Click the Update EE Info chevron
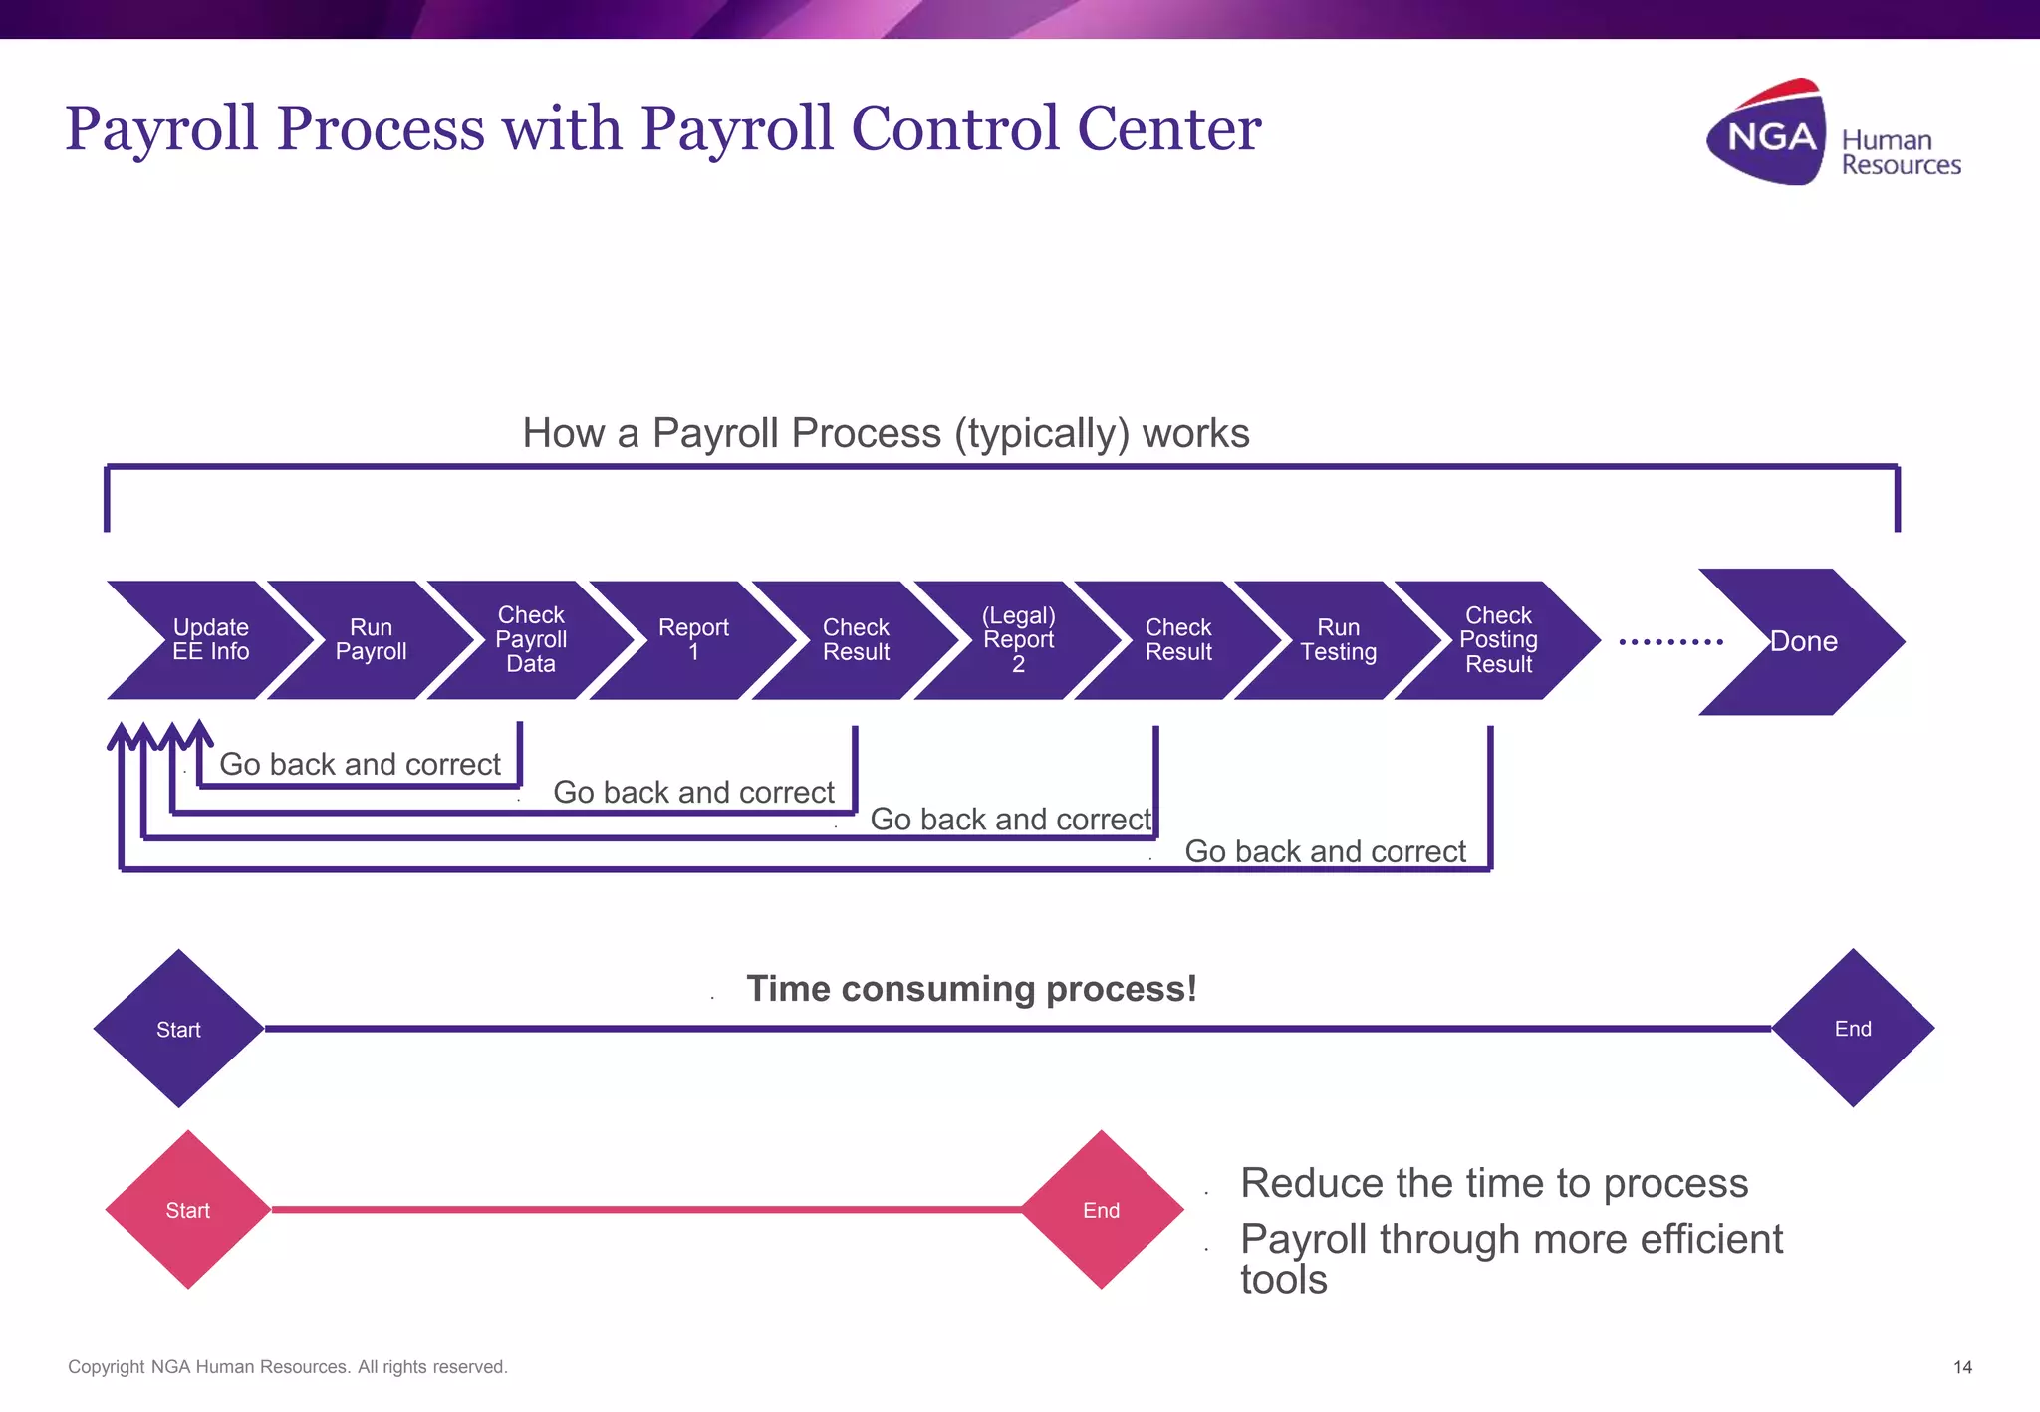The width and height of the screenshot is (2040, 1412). coord(210,640)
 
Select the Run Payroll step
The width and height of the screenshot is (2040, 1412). coord(371,640)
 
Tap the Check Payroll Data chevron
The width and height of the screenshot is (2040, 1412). coord(531,640)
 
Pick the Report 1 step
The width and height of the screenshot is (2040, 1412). coord(693,640)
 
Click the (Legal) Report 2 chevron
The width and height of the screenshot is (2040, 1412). coord(1018,640)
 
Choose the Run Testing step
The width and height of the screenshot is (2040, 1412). coord(1338,640)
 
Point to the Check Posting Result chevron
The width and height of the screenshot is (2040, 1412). coord(1498,640)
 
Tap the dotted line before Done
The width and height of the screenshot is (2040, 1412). coord(1670,642)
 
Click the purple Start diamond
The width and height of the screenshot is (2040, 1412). coord(178,1029)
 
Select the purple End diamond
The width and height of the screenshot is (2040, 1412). coord(1853,1029)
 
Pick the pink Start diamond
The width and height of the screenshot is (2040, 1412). coord(187,1210)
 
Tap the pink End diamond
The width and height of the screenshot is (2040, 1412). coord(1102,1210)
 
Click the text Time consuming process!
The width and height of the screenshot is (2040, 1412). coord(971,989)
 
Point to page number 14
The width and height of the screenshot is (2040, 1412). coord(1962,1367)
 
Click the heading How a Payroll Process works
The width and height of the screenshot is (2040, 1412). coord(886,434)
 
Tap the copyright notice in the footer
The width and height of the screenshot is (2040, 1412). coord(288,1367)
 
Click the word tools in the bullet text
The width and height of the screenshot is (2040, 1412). coord(1283,1280)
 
